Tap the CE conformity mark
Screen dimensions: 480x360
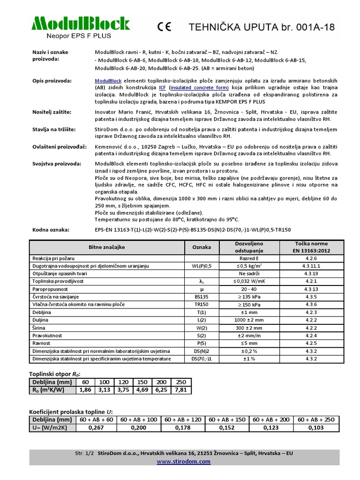point(166,27)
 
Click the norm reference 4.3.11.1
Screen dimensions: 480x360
point(311,266)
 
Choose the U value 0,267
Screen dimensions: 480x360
point(96,427)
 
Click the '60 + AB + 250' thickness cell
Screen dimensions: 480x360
point(316,420)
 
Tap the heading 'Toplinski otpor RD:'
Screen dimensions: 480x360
point(58,374)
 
